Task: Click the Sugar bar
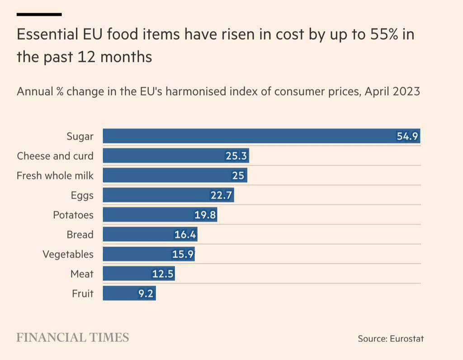point(261,136)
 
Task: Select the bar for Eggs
point(168,195)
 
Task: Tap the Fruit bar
point(129,294)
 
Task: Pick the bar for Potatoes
point(160,215)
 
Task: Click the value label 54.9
point(407,137)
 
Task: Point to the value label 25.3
point(236,156)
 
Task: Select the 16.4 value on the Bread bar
point(184,235)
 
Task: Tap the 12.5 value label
point(162,274)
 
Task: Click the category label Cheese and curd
point(55,156)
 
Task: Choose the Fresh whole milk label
point(55,175)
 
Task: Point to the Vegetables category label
point(68,254)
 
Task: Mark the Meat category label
point(82,274)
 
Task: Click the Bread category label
point(80,235)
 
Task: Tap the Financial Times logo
point(73,337)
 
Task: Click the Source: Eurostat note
point(391,338)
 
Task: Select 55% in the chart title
point(381,35)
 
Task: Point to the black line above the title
point(39,14)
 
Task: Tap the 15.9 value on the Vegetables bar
point(183,254)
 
